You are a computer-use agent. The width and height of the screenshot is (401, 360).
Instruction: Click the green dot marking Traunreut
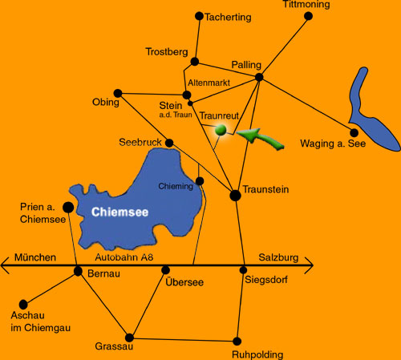click(x=221, y=130)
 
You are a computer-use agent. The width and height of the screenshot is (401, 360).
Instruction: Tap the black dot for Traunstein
click(x=235, y=196)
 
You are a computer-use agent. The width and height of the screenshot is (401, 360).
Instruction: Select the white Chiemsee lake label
click(x=119, y=212)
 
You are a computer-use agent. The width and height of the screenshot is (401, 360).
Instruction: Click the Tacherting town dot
click(x=199, y=16)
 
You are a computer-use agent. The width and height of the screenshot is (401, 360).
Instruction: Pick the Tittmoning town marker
click(x=308, y=16)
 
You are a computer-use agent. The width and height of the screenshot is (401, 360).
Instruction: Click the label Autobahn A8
click(x=124, y=257)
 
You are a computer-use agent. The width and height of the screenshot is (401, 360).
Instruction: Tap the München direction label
click(x=35, y=257)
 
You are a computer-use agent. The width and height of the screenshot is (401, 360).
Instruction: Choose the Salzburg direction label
click(x=278, y=257)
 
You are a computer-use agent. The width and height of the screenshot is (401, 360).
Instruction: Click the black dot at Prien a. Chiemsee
click(x=68, y=207)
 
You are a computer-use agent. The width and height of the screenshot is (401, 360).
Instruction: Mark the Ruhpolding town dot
click(x=237, y=342)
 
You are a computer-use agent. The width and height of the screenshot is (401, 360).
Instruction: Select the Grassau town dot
click(x=129, y=338)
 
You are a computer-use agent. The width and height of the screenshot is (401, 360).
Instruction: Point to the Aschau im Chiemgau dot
click(x=23, y=305)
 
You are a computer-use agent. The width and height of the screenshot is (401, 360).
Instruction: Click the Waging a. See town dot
click(x=354, y=132)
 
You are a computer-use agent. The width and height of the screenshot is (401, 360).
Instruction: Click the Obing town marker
click(x=118, y=93)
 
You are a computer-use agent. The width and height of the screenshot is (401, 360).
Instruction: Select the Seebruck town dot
click(x=169, y=143)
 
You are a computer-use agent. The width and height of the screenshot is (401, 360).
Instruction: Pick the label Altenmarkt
click(x=209, y=83)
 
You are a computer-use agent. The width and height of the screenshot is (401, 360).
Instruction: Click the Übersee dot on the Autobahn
click(x=166, y=270)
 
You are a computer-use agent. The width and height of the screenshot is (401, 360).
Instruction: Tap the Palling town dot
click(x=259, y=77)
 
